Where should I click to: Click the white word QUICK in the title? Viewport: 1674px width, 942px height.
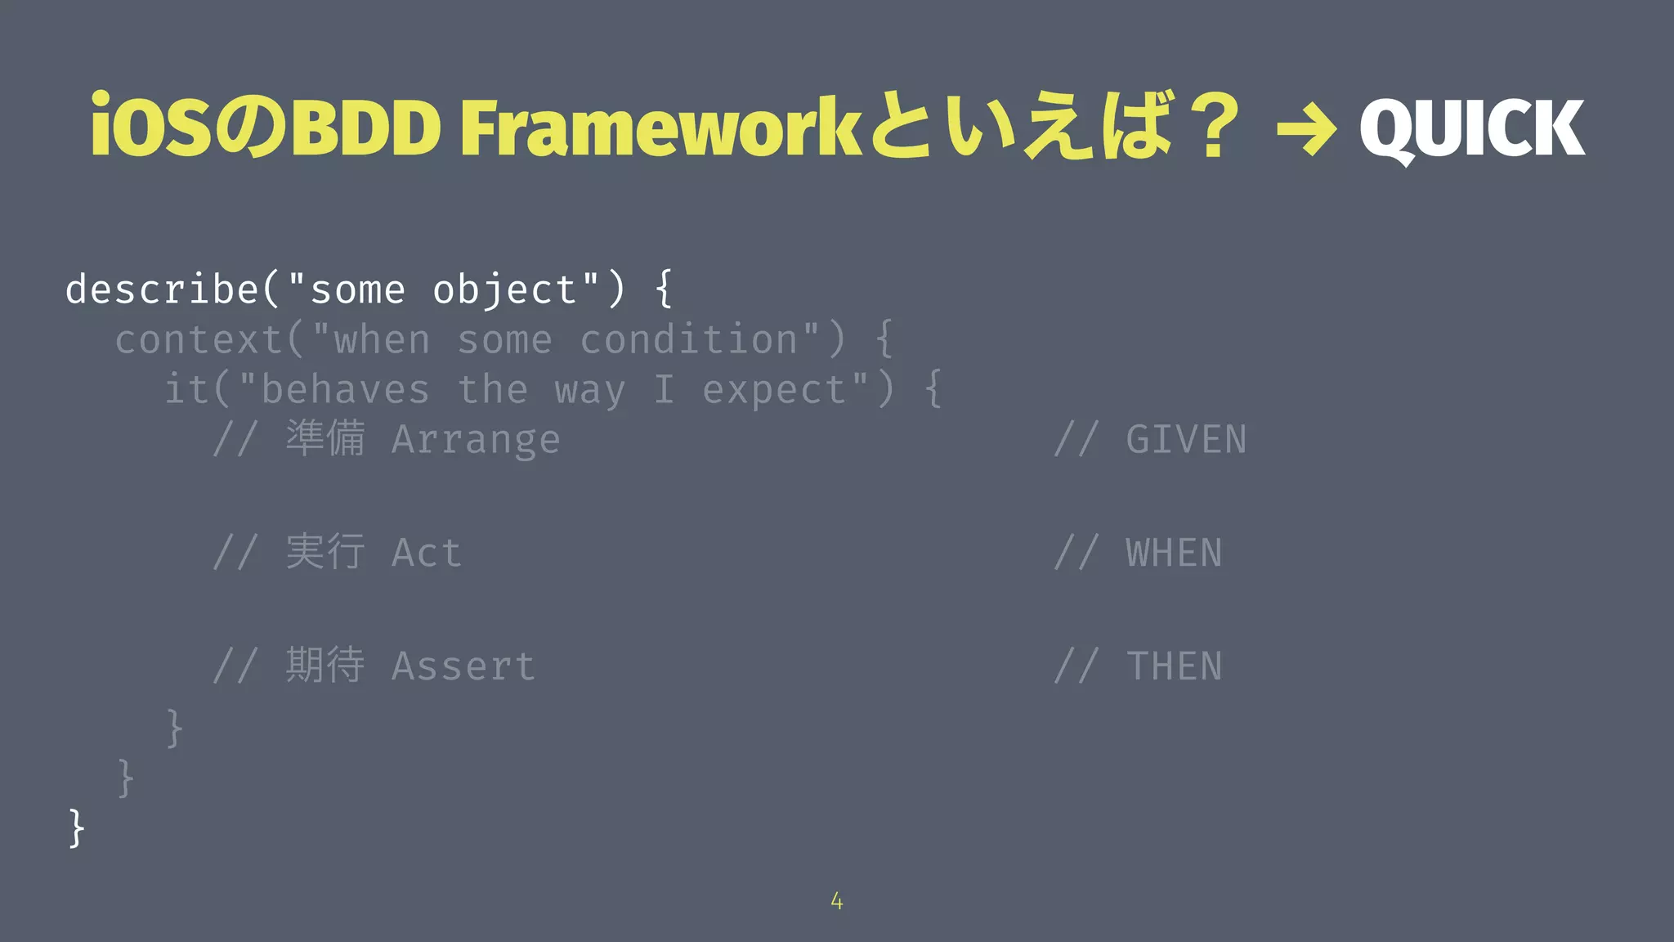[x=1471, y=128]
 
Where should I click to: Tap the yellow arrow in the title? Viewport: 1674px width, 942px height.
[x=1306, y=128]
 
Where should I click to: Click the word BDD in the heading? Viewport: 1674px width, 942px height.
[x=366, y=128]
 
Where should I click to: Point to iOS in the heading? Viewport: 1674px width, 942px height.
[x=150, y=128]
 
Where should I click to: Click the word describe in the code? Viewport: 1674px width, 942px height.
[x=162, y=289]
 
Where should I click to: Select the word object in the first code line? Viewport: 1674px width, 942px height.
[x=505, y=291]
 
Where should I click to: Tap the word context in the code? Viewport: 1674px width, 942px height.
[x=199, y=340]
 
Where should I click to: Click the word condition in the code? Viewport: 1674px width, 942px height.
[x=689, y=340]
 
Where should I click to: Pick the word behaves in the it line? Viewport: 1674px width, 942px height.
[x=345, y=390]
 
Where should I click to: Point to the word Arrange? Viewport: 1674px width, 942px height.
[x=476, y=441]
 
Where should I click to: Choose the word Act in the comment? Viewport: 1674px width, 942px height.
[x=426, y=554]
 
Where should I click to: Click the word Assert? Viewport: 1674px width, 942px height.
[x=463, y=666]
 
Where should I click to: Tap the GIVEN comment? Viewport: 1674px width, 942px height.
[x=1185, y=440]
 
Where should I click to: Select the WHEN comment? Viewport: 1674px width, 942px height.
[x=1174, y=554]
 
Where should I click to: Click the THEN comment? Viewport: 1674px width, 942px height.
[x=1174, y=666]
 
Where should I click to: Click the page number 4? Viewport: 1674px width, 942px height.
[x=836, y=901]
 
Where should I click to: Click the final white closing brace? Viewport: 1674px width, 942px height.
[x=76, y=828]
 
